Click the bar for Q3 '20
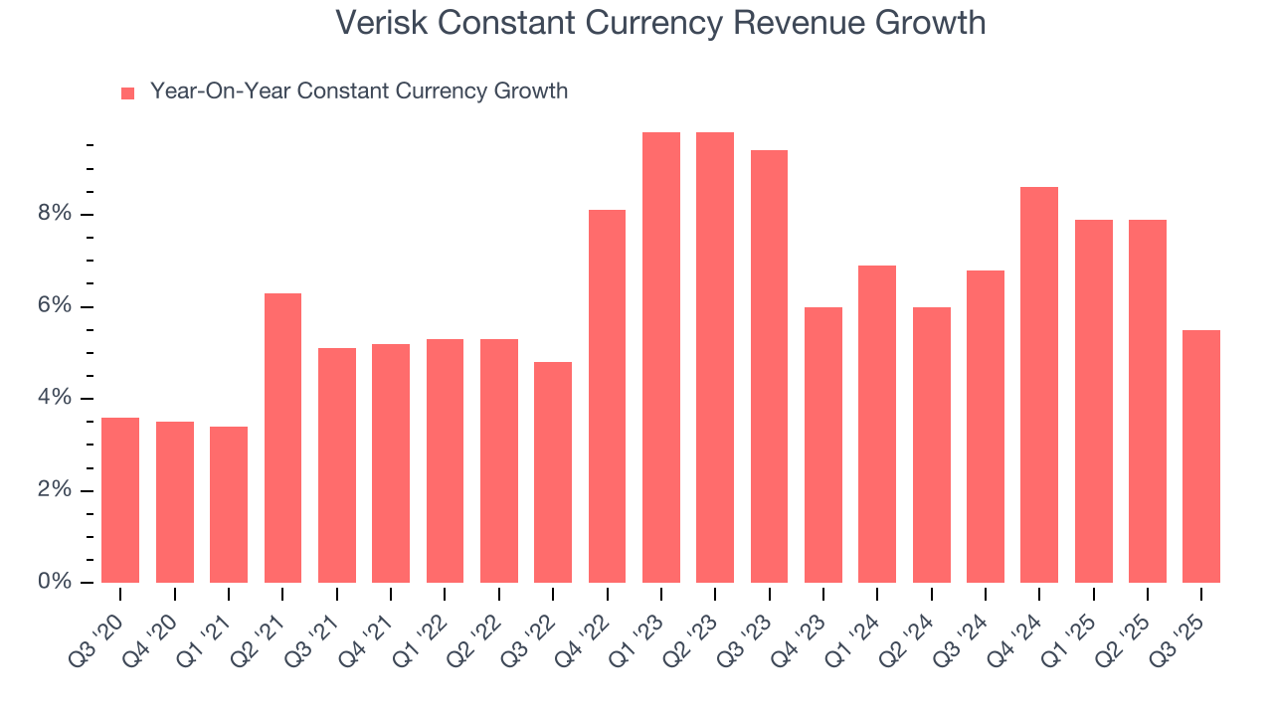120,500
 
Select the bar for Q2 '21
282,438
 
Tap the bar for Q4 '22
607,396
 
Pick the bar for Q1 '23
661,358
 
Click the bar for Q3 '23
769,366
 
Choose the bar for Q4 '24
1039,385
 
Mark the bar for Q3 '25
1201,456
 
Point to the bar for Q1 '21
229,504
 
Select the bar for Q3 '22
553,472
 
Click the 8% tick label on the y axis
56,215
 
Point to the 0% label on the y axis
56,582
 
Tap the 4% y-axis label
56,399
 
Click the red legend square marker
127,93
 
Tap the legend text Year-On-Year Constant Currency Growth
359,91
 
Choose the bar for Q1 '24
877,424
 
